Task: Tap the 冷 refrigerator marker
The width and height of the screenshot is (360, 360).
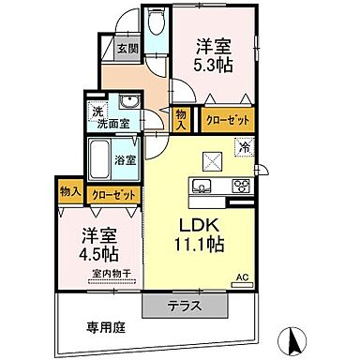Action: coord(244,146)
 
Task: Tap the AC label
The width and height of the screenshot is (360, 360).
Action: coord(242,277)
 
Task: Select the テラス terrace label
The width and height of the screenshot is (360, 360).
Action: coord(184,307)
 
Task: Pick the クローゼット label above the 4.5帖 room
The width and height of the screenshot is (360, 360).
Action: coord(112,194)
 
